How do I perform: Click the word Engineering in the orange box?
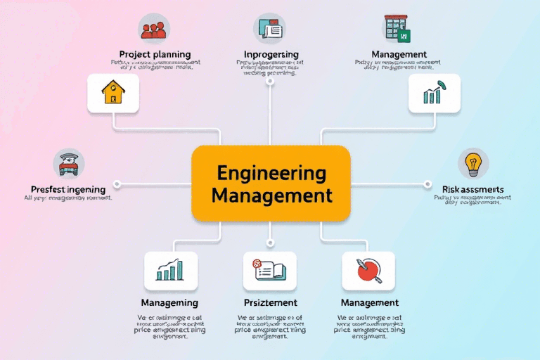coord(271,172)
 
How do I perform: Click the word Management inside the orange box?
coord(271,195)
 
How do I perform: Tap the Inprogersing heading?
coord(271,54)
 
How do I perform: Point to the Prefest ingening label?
coord(68,189)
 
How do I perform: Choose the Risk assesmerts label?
coord(473,189)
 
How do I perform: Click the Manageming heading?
coord(169,302)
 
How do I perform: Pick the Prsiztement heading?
coord(270,302)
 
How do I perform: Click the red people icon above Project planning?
coord(153,29)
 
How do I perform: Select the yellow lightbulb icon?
coord(473,164)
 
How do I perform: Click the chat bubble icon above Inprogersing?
coord(270,29)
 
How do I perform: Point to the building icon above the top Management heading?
coord(399,29)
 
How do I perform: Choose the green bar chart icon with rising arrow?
coord(435,94)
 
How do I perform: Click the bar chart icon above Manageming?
coord(171,271)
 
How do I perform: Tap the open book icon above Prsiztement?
coord(269,271)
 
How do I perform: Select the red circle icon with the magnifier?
coord(368,271)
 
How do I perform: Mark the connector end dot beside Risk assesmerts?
coord(427,184)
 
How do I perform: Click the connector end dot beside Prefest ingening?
coord(117,184)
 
